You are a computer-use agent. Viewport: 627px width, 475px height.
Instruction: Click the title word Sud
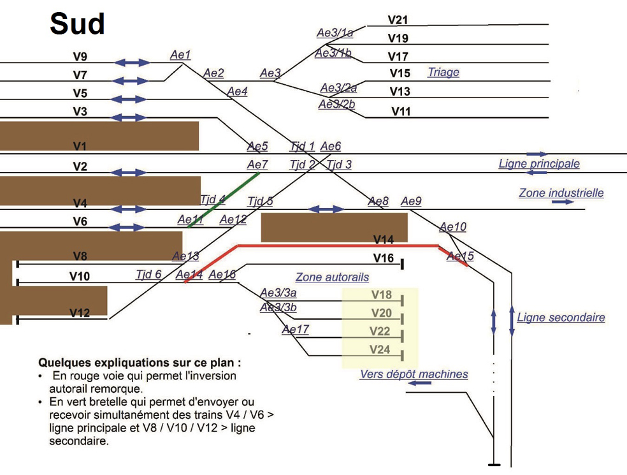(x=77, y=24)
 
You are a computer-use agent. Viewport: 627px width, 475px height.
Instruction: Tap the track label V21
(x=398, y=21)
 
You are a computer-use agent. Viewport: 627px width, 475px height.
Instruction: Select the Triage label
(x=443, y=72)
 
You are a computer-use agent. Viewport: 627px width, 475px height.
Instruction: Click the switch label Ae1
(x=180, y=55)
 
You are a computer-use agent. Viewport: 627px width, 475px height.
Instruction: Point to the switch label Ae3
(x=270, y=74)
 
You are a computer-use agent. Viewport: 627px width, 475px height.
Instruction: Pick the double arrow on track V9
(x=133, y=62)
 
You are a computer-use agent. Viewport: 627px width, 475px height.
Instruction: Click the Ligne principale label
(x=539, y=164)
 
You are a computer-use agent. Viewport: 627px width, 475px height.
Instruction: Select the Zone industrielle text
(x=561, y=193)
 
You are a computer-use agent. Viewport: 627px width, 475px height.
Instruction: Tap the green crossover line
(x=223, y=200)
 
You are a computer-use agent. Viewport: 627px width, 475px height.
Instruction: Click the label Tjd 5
(x=260, y=202)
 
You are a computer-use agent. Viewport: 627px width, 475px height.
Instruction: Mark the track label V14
(x=384, y=240)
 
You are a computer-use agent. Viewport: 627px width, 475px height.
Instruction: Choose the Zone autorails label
(x=332, y=277)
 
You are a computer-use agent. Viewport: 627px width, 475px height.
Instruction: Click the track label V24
(x=380, y=349)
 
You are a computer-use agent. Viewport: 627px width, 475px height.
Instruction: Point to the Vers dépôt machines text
(x=414, y=374)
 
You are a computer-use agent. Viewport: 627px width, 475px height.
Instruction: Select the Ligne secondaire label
(x=561, y=318)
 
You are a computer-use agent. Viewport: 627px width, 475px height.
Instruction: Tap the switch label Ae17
(x=295, y=330)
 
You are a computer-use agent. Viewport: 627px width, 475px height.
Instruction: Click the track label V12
(x=80, y=313)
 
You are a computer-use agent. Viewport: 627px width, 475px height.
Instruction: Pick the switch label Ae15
(x=460, y=256)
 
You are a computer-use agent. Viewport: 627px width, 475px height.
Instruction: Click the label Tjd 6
(x=148, y=275)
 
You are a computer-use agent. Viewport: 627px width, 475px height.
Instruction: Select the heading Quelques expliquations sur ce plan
(x=140, y=362)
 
